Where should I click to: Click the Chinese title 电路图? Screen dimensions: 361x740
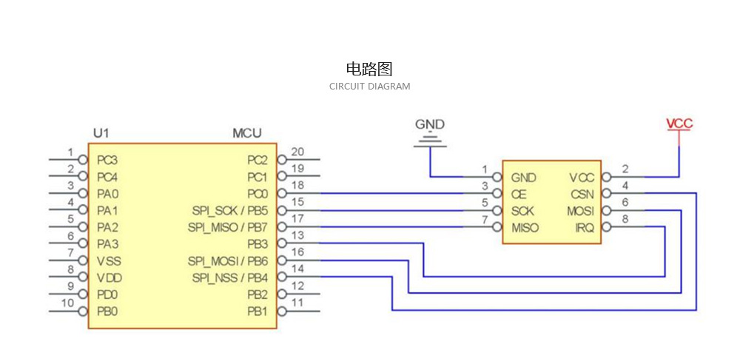tap(369, 70)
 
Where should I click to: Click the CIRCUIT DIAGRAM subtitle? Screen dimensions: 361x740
tap(369, 87)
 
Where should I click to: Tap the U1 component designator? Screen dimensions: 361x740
tap(101, 133)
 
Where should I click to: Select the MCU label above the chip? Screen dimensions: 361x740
tap(246, 133)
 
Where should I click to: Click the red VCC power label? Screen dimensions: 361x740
tap(679, 124)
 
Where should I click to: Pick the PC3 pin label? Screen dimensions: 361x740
tap(107, 160)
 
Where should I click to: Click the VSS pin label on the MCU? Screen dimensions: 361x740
tap(109, 261)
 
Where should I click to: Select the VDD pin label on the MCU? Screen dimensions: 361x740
tap(109, 278)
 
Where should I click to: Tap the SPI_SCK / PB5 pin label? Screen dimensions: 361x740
tap(229, 211)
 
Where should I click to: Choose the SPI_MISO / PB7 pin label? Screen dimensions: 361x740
tap(227, 227)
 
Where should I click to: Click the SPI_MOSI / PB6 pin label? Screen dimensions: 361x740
tap(227, 261)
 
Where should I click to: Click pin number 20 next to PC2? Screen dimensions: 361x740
tap(297, 152)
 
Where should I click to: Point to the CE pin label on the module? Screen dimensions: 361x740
tap(519, 195)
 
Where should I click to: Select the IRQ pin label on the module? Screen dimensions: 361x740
tap(585, 228)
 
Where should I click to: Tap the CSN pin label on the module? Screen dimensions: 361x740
tap(582, 195)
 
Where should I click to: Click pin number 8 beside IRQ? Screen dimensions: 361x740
tap(625, 219)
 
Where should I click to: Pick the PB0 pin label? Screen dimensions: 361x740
tap(107, 311)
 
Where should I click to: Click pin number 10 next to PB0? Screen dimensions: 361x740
tap(67, 303)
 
